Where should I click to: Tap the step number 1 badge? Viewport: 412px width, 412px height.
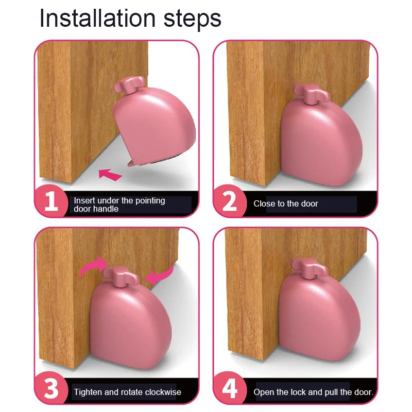(51, 202)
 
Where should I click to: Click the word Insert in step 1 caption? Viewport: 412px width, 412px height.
(84, 200)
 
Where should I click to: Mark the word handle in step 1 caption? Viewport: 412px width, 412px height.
(107, 209)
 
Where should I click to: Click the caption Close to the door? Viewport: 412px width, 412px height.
(286, 204)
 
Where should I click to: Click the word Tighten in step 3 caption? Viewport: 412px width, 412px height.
(88, 392)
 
